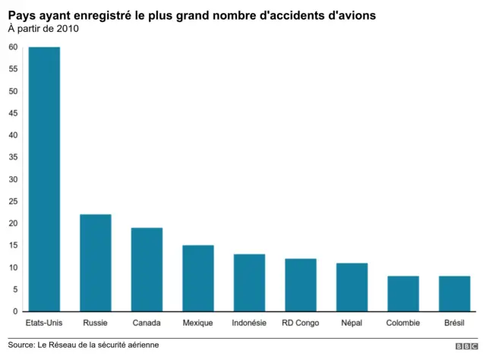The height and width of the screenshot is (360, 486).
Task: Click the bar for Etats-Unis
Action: click(44, 179)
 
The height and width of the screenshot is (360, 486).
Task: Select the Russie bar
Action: click(96, 263)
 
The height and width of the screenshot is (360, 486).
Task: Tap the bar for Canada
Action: click(147, 270)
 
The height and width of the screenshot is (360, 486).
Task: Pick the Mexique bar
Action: click(198, 278)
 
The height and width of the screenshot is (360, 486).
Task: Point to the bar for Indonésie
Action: click(249, 283)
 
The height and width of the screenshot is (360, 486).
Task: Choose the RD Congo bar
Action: click(301, 285)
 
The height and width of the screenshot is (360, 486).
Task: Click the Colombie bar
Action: click(403, 293)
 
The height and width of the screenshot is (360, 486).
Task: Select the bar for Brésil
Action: click(454, 293)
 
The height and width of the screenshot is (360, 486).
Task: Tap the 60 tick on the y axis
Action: click(13, 47)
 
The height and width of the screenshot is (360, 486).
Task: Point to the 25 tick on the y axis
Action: click(13, 201)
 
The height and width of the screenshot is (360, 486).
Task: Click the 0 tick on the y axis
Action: click(15, 311)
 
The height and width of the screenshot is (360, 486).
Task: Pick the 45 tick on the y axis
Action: click(13, 113)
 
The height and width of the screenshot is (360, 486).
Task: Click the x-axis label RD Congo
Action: click(301, 323)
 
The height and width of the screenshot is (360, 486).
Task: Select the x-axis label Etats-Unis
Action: click(44, 323)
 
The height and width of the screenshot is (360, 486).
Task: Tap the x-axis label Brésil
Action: click(454, 323)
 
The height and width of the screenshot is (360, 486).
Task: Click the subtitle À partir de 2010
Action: click(43, 29)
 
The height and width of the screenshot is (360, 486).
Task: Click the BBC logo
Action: click(465, 346)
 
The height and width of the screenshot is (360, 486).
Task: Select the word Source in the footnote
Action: click(22, 345)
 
